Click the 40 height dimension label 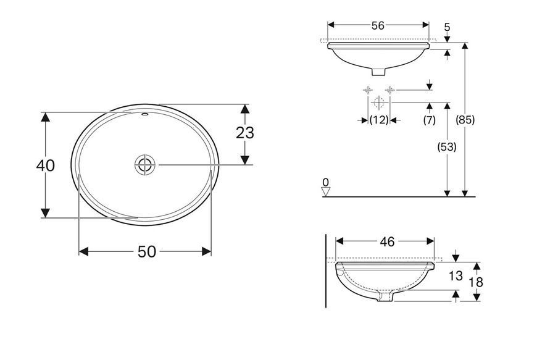click(x=46, y=165)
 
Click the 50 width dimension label click(x=147, y=252)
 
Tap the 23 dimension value click(x=245, y=133)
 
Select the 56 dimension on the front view click(x=378, y=25)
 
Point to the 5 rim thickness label click(x=447, y=27)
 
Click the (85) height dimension click(x=465, y=120)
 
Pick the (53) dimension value click(x=447, y=147)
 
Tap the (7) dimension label click(x=430, y=120)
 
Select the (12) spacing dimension click(x=379, y=120)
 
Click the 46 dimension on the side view click(x=388, y=242)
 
